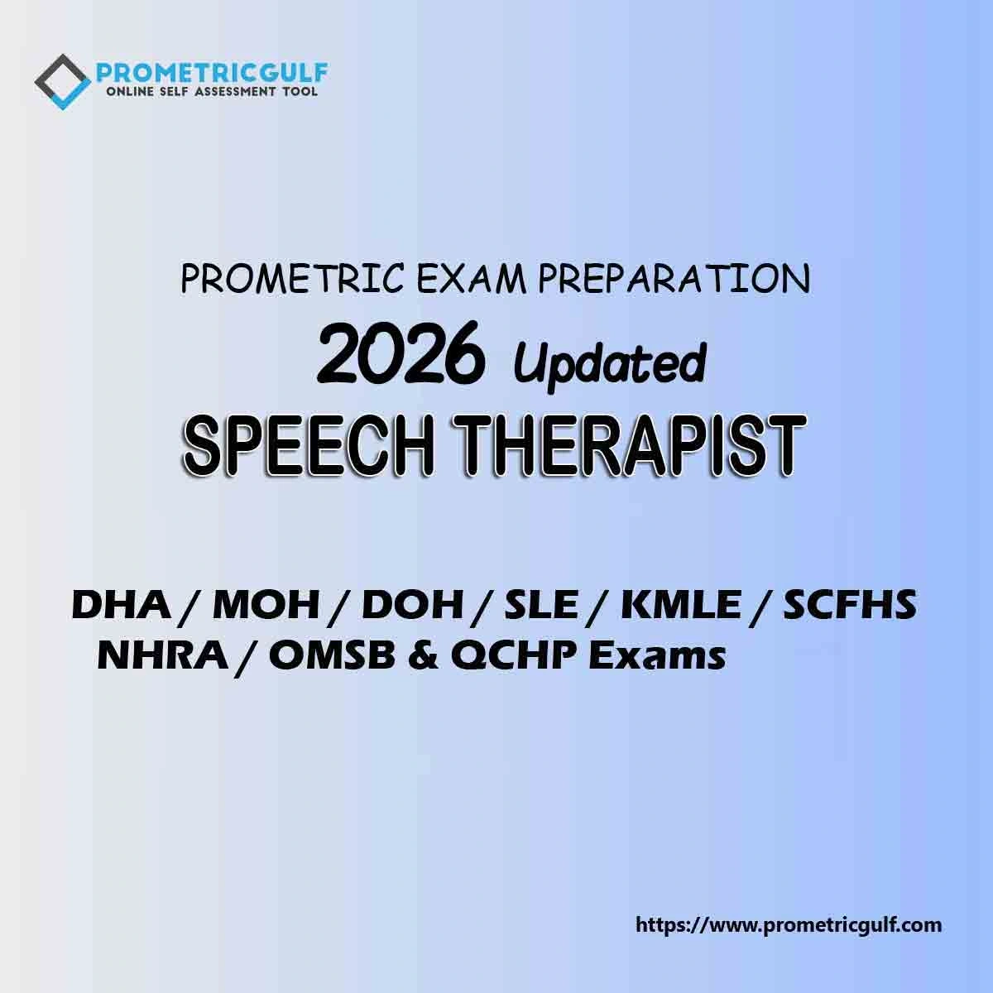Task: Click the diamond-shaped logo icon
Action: [62, 82]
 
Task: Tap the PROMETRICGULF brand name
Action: [212, 73]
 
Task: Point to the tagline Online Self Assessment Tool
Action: [211, 92]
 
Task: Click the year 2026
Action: [401, 353]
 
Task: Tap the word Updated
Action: [610, 364]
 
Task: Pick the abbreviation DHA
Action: [121, 605]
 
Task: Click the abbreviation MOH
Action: [266, 605]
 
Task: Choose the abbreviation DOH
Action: [412, 605]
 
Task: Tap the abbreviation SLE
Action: [540, 605]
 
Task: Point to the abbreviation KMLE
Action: [681, 605]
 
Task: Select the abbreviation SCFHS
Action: [851, 605]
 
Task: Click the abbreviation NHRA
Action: [162, 656]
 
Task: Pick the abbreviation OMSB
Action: [333, 656]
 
